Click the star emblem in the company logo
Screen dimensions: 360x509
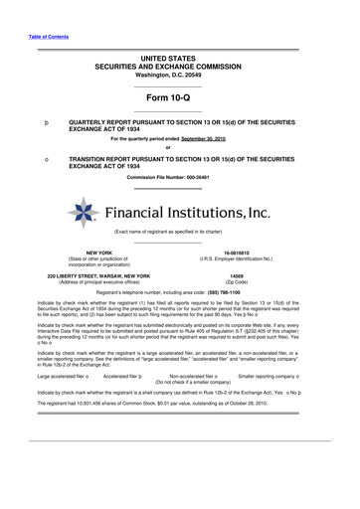[82, 212]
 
